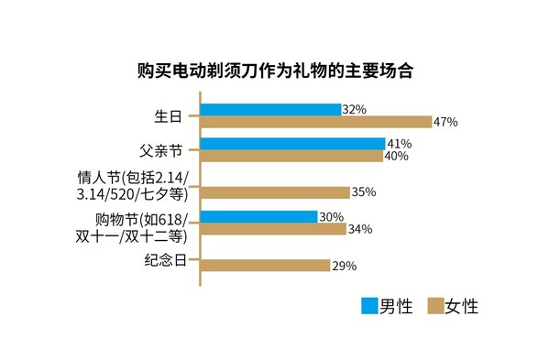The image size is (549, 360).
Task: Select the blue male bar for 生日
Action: [x=269, y=110]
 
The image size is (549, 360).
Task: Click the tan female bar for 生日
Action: [x=315, y=122]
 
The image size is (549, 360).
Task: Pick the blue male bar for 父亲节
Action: [x=292, y=144]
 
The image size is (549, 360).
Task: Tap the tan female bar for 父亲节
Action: [x=291, y=157]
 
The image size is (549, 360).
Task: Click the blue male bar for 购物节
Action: [x=258, y=217]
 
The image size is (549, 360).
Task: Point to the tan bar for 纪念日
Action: [x=265, y=266]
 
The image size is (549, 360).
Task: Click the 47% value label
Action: [x=445, y=122]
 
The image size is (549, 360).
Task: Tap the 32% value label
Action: [x=354, y=109]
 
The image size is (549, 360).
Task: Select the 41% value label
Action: [x=400, y=144]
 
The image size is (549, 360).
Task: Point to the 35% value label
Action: [x=364, y=192]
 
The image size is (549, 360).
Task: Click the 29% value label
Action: [x=345, y=266]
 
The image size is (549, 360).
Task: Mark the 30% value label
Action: [x=331, y=217]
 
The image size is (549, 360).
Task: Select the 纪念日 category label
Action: [x=165, y=260]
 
